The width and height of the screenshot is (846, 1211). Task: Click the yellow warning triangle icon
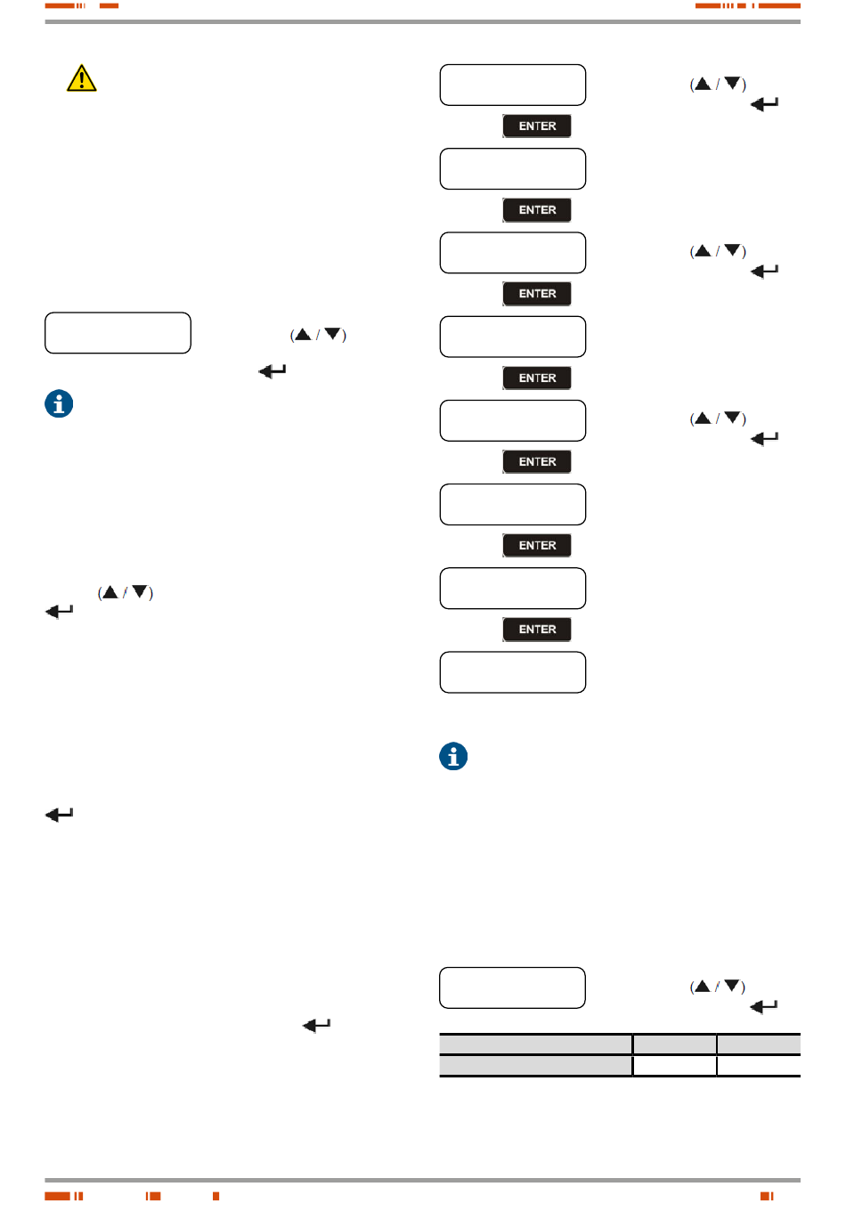coord(81,78)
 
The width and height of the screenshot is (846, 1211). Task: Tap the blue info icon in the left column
coord(59,403)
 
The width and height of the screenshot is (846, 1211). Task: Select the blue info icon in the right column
coord(453,756)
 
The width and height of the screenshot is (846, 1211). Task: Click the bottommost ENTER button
coord(537,630)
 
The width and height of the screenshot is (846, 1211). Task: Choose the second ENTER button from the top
coord(537,210)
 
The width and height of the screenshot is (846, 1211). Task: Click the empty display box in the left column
coord(118,333)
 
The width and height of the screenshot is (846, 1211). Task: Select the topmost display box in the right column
coord(513,85)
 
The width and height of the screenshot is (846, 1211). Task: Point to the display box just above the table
coord(513,987)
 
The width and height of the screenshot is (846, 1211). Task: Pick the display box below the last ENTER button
coord(513,672)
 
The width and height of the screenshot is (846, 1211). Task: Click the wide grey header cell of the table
coord(536,1044)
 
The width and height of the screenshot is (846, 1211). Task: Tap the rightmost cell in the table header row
coord(759,1044)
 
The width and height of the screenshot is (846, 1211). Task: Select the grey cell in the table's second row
coord(536,1066)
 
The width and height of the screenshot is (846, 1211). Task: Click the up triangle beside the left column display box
coord(303,335)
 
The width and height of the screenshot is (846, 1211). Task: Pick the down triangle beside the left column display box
coord(332,335)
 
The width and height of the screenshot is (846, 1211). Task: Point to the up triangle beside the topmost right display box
coord(703,84)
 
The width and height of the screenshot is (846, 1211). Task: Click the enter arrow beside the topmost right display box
coord(764,104)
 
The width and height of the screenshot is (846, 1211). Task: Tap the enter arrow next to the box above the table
coord(764,1007)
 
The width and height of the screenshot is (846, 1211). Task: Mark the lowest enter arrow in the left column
coord(316,1026)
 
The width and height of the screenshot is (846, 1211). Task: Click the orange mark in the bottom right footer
coord(767,1196)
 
